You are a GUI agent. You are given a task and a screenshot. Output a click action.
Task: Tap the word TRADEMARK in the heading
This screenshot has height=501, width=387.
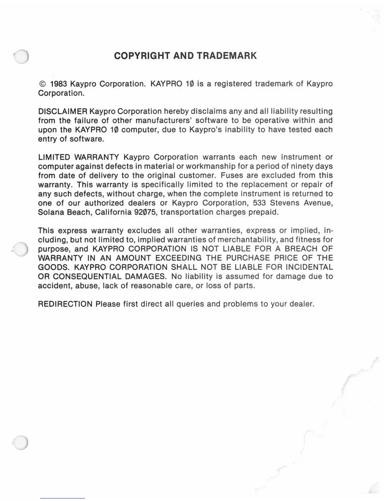tap(227, 56)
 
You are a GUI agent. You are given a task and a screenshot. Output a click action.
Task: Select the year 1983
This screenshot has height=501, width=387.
tap(58, 84)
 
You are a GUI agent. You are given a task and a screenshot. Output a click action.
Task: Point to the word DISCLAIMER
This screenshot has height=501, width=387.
tap(63, 111)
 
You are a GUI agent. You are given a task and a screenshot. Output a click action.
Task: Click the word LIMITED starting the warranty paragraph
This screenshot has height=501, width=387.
tap(54, 157)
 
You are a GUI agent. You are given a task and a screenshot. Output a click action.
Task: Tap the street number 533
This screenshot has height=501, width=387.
tap(259, 203)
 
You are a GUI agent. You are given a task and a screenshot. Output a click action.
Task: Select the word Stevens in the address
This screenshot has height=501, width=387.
tap(285, 203)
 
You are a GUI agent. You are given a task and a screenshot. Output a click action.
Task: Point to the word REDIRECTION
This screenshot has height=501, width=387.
tap(65, 304)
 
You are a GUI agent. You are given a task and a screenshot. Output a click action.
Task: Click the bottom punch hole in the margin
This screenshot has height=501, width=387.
tap(21, 442)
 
